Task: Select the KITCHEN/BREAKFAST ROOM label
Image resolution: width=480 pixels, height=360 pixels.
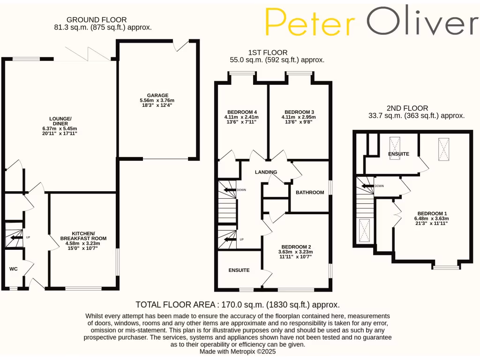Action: tap(83, 236)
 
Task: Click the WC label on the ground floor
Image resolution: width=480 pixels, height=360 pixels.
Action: tap(14, 269)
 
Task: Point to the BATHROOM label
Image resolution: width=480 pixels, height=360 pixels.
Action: tap(310, 192)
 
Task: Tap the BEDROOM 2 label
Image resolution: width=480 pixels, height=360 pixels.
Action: tap(296, 247)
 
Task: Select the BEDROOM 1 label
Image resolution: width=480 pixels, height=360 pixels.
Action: tap(431, 213)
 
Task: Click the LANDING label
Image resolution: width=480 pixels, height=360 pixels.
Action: tap(266, 172)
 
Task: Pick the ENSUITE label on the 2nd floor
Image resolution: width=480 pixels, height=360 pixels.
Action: tap(398, 154)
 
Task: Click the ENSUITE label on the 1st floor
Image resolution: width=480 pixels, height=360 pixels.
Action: tap(239, 270)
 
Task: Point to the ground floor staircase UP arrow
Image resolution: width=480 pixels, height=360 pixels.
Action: tap(16, 238)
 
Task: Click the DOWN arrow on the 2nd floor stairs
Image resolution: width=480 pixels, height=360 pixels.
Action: tap(368, 186)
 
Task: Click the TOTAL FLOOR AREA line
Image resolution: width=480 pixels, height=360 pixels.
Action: tap(238, 305)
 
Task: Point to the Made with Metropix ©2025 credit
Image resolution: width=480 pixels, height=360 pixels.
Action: tap(238, 351)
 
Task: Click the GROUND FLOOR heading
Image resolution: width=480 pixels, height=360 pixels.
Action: tap(97, 20)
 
